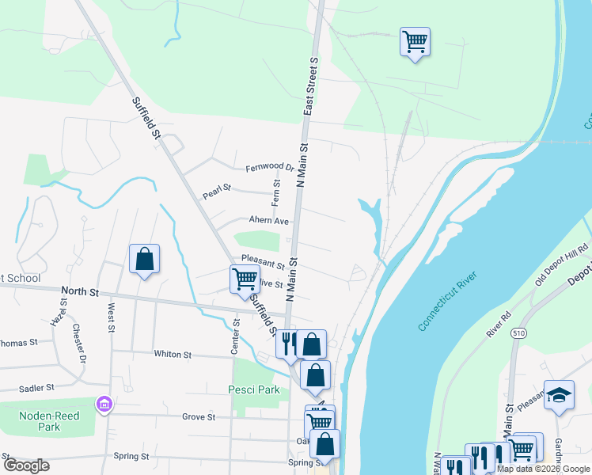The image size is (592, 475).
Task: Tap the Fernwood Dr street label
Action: pyautogui.click(x=269, y=168)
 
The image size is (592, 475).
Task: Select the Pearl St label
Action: pyautogui.click(x=215, y=190)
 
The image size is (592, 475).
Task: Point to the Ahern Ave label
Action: pyautogui.click(x=269, y=221)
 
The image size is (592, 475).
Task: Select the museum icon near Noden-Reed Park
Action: pyautogui.click(x=104, y=405)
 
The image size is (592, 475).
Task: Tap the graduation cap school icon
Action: pyautogui.click(x=560, y=396)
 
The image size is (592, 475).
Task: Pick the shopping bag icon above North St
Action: pyautogui.click(x=144, y=258)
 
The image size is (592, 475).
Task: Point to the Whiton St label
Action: pyautogui.click(x=173, y=355)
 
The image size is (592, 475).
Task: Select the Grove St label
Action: pyautogui.click(x=199, y=416)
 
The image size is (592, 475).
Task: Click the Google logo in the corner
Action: pyautogui.click(x=26, y=465)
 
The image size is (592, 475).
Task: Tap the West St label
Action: pyautogui.click(x=111, y=316)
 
